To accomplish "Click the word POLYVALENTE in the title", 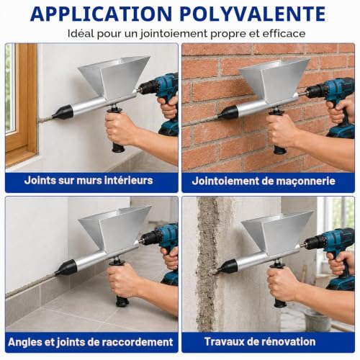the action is pyautogui.click(x=253, y=14).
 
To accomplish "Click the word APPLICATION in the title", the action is pyautogui.click(x=101, y=14).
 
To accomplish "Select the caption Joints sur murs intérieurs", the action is pyautogui.click(x=89, y=180).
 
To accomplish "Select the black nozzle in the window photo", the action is pyautogui.click(x=63, y=112).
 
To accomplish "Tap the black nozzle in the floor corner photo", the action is pyautogui.click(x=66, y=268).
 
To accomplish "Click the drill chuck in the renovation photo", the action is pyautogui.click(x=315, y=243).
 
